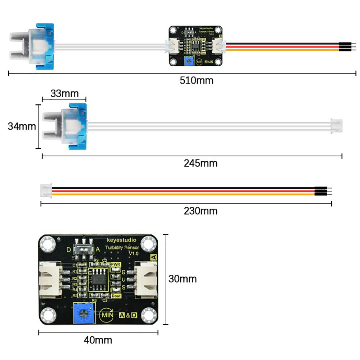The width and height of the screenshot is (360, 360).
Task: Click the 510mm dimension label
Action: coord(196,80)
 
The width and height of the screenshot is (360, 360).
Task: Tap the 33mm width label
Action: coord(64,94)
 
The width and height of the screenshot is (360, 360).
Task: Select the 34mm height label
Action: coord(22,127)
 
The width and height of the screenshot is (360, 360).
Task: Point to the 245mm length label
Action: coord(201,163)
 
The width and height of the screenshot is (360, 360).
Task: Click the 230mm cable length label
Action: coord(201,210)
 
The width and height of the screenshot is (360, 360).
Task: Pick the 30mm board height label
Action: coord(183,279)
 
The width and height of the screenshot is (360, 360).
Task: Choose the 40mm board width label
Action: coord(98,340)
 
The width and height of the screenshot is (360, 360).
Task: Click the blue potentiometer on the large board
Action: coord(84,314)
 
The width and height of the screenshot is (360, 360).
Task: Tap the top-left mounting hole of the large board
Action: coord(48,245)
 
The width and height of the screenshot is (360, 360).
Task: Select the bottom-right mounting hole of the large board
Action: coord(148,316)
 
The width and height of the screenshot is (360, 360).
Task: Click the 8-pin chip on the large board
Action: coord(99,279)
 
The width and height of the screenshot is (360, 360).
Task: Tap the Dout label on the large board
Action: coord(116,296)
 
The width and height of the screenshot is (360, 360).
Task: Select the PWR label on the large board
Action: coord(116,265)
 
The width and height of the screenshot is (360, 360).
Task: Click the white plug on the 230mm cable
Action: coord(46,191)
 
